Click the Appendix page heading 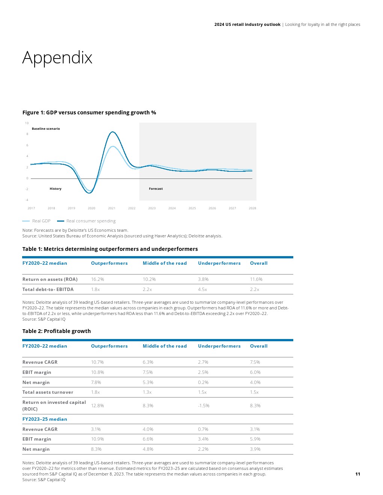point(57,58)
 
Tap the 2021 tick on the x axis point(112,208)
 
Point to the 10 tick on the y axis point(27,123)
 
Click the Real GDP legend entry point(36,221)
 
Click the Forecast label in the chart point(156,189)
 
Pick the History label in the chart point(56,189)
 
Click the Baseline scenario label point(46,129)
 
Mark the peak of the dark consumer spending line point(112,132)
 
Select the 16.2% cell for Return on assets point(98,279)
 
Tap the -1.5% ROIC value point(204,406)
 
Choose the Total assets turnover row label point(48,392)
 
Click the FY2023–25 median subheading point(45,419)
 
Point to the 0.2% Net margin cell point(203,382)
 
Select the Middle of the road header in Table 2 point(164,346)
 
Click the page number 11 point(357,474)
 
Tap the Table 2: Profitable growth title point(56,331)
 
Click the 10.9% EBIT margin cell point(97,439)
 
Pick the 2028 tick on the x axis point(252,208)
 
